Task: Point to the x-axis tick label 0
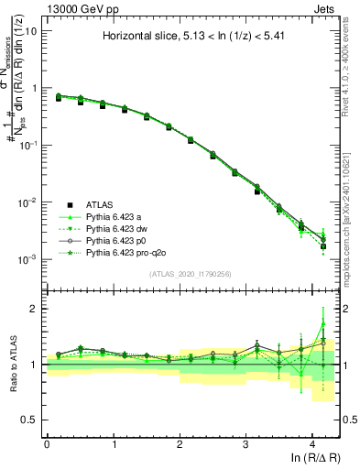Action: [x=47, y=441]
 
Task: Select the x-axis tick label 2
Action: [x=180, y=441]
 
